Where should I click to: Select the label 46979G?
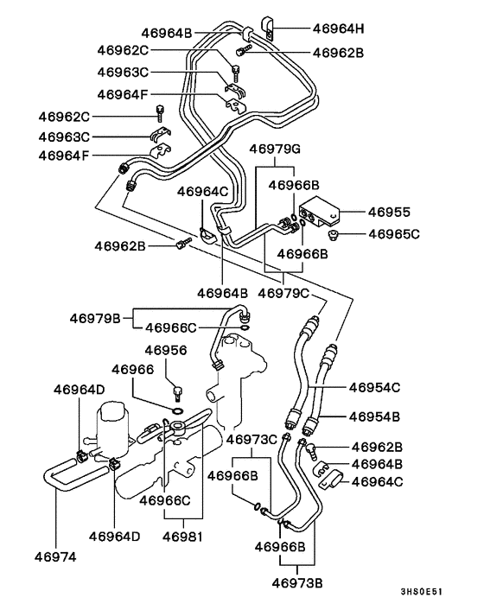coord(275,149)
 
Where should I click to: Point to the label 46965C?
coord(393,233)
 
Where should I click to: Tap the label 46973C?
coord(252,440)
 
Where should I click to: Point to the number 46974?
coord(56,556)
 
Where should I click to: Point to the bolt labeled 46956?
coord(178,392)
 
